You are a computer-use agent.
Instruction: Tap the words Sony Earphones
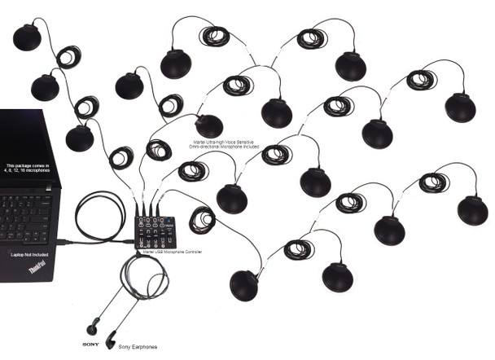(138, 346)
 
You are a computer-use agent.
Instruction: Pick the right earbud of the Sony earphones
(111, 335)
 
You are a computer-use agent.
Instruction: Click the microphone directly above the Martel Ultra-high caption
(208, 125)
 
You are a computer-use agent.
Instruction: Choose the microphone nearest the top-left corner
(27, 37)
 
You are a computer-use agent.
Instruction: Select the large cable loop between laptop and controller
(99, 217)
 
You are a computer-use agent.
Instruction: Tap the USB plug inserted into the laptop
(64, 242)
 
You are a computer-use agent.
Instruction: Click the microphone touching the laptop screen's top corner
(79, 138)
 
